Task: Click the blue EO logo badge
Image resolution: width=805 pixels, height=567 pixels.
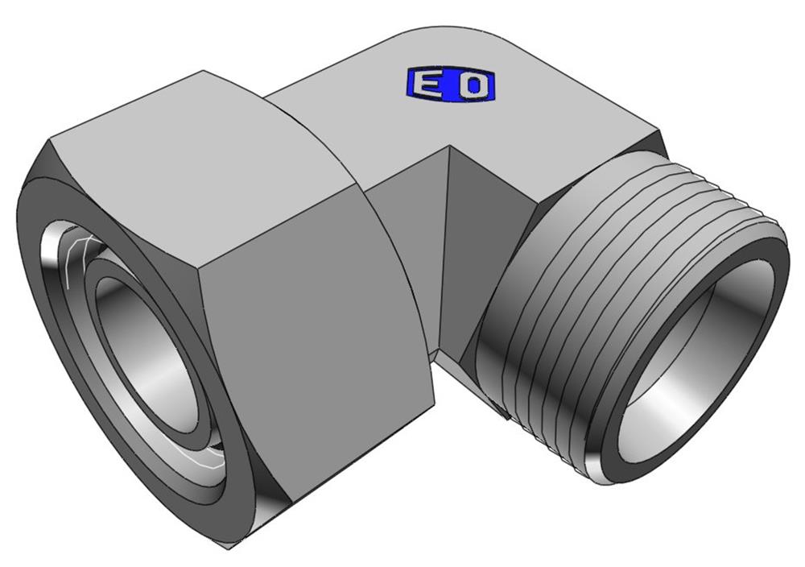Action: coord(450,85)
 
